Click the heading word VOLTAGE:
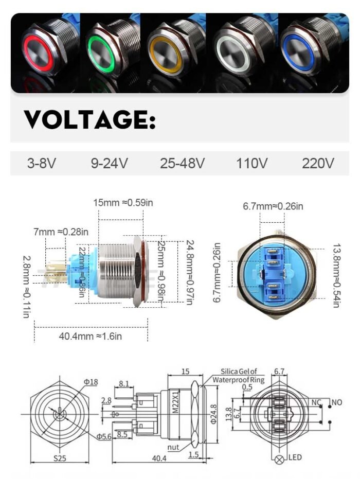[90, 119]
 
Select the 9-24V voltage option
[109, 164]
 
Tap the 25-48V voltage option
[182, 164]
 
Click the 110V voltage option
[252, 164]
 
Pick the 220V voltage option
[318, 164]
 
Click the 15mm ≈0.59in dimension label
[123, 202]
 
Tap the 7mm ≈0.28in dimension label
[61, 232]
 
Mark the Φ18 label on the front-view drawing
[90, 381]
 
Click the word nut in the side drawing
[173, 447]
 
